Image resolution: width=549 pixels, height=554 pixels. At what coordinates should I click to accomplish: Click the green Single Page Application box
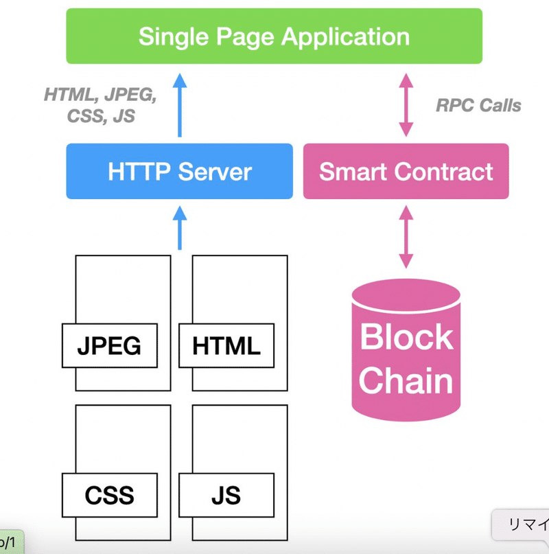click(274, 36)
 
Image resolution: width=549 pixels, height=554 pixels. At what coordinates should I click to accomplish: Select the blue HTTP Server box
click(179, 171)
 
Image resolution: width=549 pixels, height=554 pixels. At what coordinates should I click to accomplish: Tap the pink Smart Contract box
click(406, 171)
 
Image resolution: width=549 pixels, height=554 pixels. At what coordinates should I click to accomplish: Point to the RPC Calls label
click(478, 105)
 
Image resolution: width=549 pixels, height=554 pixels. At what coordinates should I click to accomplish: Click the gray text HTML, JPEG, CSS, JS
click(100, 106)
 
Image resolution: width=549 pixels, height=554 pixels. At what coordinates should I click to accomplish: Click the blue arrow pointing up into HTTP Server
click(179, 229)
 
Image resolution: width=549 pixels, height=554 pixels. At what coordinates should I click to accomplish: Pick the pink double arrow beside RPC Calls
click(406, 104)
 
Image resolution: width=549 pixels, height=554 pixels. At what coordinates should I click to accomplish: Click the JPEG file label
click(109, 345)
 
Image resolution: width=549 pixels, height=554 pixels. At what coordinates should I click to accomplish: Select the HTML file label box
click(226, 345)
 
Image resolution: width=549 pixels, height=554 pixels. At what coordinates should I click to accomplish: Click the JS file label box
click(226, 494)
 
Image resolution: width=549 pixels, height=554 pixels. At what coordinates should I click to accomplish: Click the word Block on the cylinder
click(406, 336)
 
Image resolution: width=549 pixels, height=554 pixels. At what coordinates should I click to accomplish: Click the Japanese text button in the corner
click(524, 525)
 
